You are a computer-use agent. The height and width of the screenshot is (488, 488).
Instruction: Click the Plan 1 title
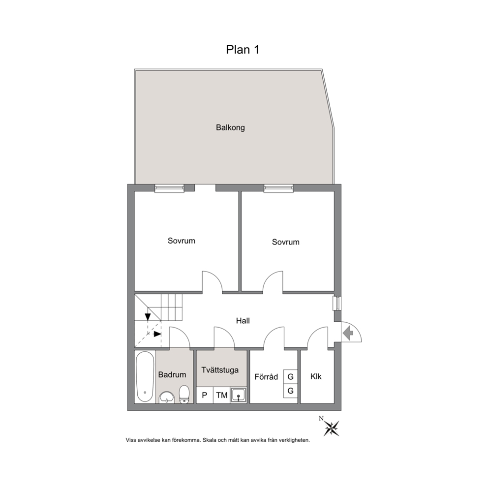tap(243, 50)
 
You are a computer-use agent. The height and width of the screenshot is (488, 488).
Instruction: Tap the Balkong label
tap(230, 127)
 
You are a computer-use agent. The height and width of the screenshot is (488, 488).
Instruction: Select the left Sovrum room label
tap(182, 241)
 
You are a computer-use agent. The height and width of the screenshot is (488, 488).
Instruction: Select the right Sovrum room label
tap(286, 242)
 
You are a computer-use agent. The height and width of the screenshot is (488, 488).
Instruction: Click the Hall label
tap(243, 321)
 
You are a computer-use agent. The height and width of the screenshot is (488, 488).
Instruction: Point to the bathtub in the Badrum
tap(145, 377)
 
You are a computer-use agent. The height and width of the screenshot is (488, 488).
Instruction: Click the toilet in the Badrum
tap(184, 395)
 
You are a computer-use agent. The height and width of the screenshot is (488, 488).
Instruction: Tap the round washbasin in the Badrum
tap(167, 397)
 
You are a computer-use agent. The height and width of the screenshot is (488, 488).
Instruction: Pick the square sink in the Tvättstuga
tap(239, 395)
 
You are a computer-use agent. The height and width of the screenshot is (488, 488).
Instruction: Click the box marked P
tap(205, 395)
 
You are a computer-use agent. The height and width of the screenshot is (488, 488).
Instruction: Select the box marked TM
tap(221, 395)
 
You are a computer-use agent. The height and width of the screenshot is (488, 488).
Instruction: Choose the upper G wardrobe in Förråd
tap(290, 377)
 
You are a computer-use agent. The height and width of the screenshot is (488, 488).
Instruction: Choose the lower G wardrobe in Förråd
tap(290, 391)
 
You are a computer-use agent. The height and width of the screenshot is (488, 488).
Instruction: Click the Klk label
tap(316, 377)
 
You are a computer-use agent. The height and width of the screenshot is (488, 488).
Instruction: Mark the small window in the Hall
tap(337, 304)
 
